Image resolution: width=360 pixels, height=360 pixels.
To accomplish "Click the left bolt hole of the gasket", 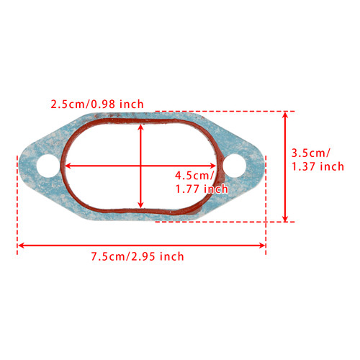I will click(x=48, y=166).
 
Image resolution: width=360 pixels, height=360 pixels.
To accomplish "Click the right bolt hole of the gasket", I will click(x=235, y=166).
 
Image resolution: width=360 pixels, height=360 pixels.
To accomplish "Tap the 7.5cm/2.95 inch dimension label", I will click(x=137, y=256).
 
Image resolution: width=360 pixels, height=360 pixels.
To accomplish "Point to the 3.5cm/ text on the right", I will click(x=310, y=153).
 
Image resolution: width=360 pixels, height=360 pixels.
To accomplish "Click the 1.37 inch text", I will click(x=318, y=166).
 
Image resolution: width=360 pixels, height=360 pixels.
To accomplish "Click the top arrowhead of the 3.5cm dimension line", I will click(x=287, y=114).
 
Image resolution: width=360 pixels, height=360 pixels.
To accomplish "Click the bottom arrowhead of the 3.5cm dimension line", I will click(x=287, y=218).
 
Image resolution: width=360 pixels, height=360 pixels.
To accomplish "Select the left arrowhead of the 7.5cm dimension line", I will click(x=21, y=246).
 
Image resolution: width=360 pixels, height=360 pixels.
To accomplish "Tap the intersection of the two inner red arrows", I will click(x=141, y=166).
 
